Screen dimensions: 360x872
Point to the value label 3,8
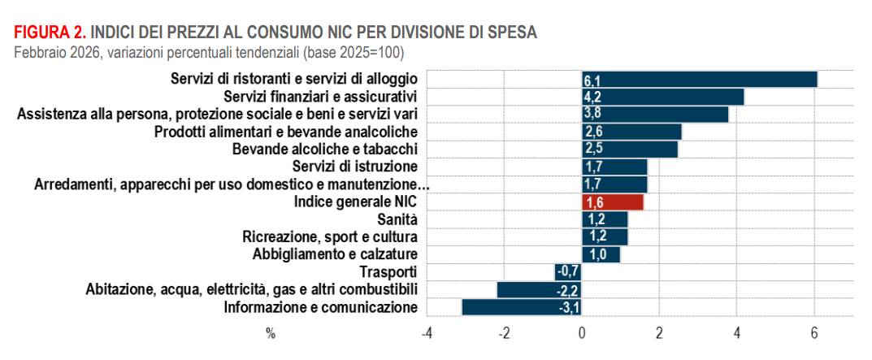click(592, 114)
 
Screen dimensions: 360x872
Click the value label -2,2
click(568, 289)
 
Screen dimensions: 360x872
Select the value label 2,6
click(592, 132)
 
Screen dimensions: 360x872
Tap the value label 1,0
click(597, 254)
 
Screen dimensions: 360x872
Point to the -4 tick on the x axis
click(425, 334)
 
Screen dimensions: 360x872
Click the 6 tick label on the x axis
click(813, 334)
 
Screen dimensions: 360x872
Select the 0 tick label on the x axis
click(581, 334)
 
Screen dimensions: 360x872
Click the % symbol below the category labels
click(270, 334)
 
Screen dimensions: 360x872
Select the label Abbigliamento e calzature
click(336, 254)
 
